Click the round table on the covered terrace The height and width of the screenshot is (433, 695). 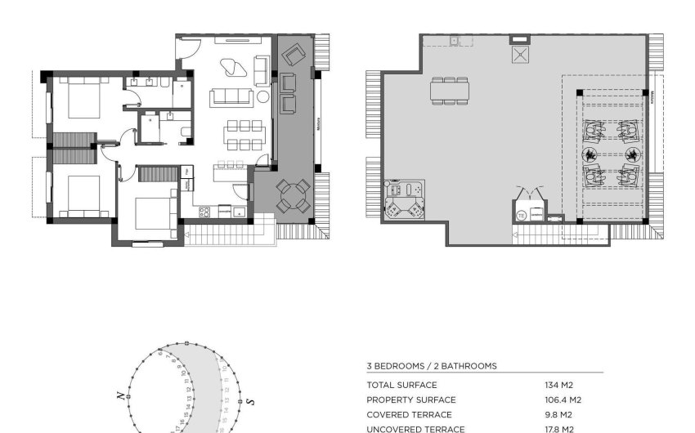(x=293, y=196)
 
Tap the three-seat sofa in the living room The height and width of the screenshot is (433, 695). (x=231, y=97)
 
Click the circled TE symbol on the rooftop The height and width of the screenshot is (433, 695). (x=521, y=216)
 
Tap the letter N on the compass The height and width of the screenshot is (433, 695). (x=120, y=395)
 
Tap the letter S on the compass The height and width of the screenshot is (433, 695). (x=251, y=401)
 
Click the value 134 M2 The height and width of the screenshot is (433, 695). (x=559, y=385)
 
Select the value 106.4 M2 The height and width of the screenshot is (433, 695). (x=563, y=400)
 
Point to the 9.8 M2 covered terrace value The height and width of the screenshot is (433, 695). (x=558, y=414)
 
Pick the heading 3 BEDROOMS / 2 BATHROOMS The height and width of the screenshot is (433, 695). (x=431, y=366)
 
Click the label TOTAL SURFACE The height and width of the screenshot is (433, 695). (x=401, y=385)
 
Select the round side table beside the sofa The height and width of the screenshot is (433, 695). (x=262, y=97)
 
